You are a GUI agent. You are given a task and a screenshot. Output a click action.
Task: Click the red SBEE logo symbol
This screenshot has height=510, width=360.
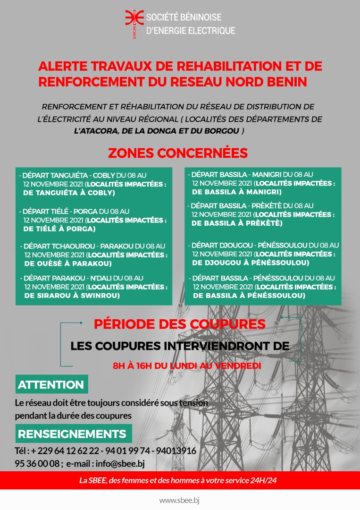click(134, 23)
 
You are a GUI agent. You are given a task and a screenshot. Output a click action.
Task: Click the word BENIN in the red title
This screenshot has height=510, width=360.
click(285, 82)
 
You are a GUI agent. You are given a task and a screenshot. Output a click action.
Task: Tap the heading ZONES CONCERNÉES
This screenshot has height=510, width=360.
click(178, 153)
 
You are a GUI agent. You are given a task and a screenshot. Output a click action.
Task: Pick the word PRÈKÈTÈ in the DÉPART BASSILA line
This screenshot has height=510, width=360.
click(266, 206)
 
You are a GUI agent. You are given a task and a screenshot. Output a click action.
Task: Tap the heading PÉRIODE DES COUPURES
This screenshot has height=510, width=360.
click(180, 324)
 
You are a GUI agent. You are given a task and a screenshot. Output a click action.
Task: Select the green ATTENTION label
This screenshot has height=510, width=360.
click(51, 385)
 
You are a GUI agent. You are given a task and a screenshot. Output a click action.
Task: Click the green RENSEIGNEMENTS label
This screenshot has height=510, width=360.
click(72, 434)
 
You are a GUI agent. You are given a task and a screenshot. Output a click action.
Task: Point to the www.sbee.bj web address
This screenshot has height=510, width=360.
click(180, 500)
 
